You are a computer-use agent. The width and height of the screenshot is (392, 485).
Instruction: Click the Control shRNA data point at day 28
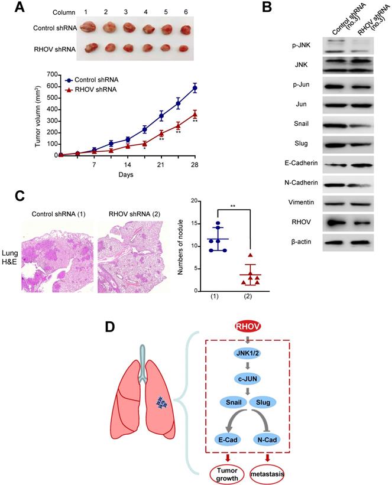pos(194,88)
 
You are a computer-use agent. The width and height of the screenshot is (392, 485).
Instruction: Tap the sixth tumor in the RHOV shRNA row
pos(184,48)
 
